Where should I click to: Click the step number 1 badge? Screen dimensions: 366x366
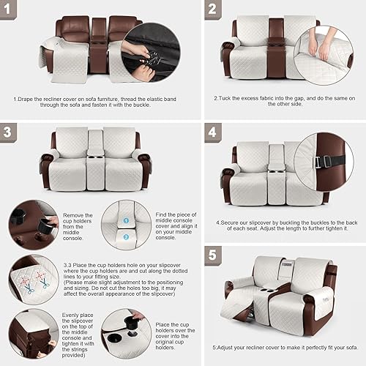pos(12,11)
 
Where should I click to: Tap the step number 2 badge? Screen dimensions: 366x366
pos(212,10)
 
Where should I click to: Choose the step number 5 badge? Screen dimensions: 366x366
pos(212,256)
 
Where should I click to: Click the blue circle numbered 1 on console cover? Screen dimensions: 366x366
pos(124,219)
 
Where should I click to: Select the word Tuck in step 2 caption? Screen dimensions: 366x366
pos(225,97)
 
